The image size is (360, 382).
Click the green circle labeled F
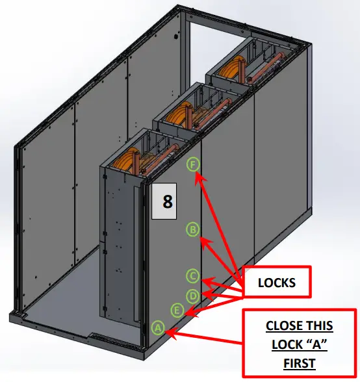192,164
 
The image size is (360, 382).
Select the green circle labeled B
192,228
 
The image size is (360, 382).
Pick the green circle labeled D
192,296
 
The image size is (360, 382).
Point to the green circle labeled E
177,309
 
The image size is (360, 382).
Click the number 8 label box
168,202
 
